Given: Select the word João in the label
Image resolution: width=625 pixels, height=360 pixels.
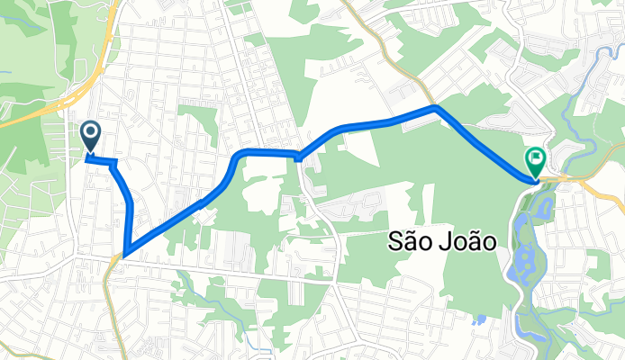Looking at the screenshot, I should (472, 240).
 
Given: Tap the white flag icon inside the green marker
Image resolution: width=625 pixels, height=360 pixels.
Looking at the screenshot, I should (536, 158).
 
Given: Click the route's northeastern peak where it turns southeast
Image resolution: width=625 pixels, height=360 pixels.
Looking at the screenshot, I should (436, 107).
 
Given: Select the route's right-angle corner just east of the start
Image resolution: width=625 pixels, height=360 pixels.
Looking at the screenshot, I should (116, 162).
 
